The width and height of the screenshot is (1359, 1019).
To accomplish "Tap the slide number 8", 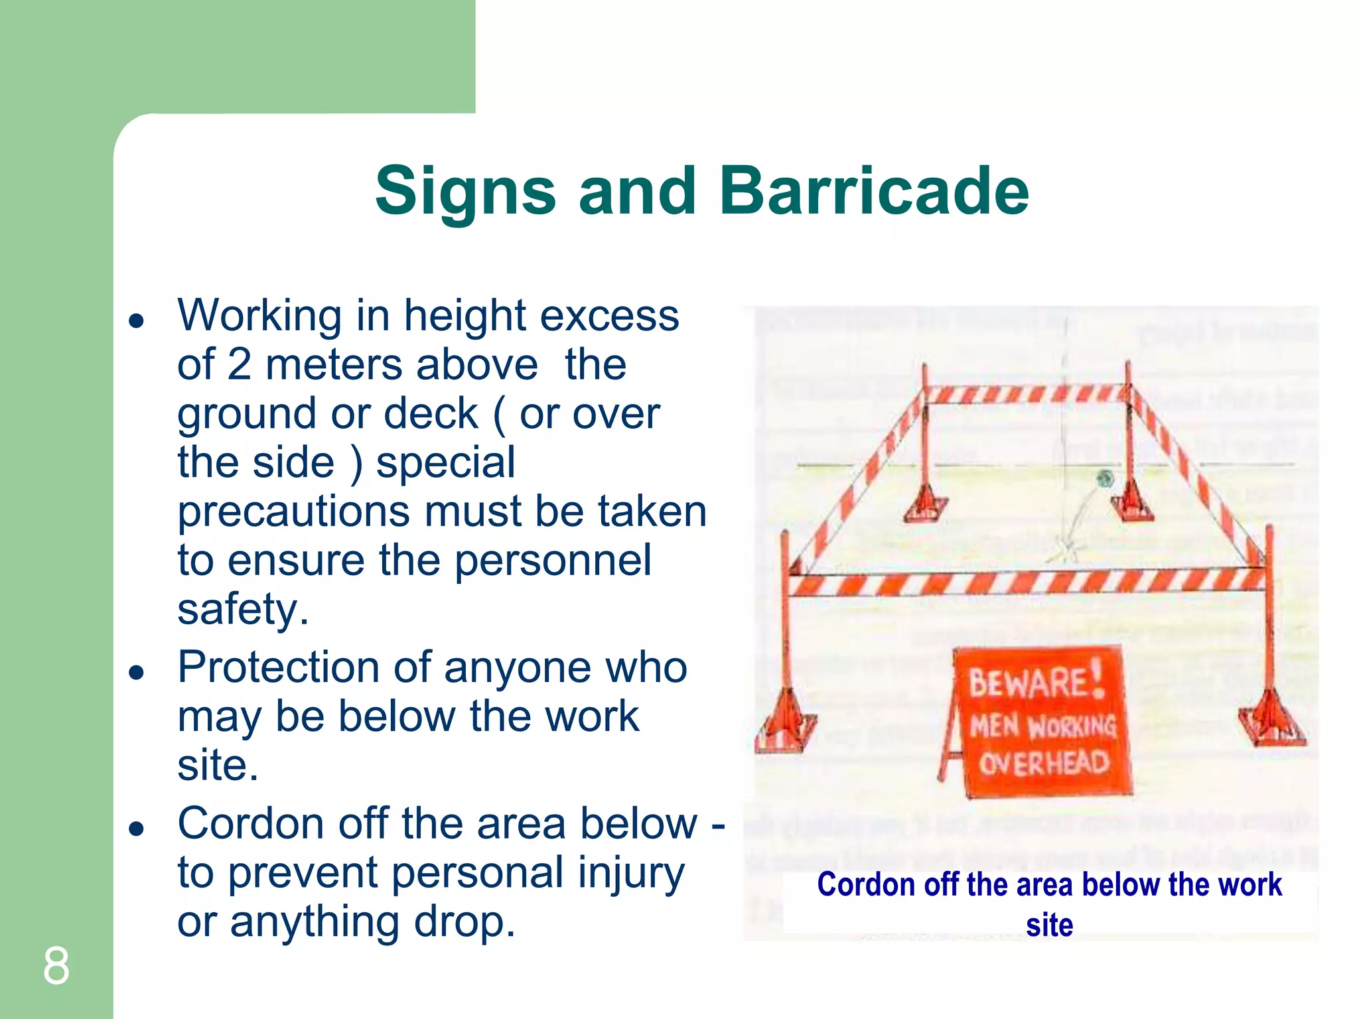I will pyautogui.click(x=56, y=966).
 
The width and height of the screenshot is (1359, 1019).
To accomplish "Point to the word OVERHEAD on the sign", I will pyautogui.click(x=1044, y=764).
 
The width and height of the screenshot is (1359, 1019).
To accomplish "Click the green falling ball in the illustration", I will pyautogui.click(x=1105, y=478).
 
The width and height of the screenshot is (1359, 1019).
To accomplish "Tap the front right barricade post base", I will pyautogui.click(x=1271, y=723).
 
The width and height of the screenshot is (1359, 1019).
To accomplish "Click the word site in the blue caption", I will pyautogui.click(x=1049, y=925).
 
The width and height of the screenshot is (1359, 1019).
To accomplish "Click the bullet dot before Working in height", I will pyautogui.click(x=137, y=321).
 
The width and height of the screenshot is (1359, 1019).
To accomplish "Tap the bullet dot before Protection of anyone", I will pyautogui.click(x=137, y=673).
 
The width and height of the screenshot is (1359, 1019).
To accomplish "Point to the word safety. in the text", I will pyautogui.click(x=243, y=609).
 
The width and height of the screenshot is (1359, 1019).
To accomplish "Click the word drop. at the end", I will pyautogui.click(x=465, y=922).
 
